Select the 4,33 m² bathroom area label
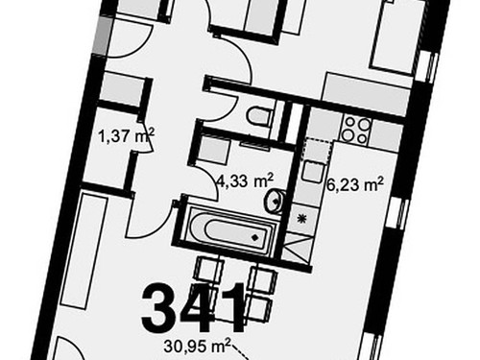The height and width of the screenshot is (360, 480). point(246,178)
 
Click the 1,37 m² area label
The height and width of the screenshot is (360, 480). point(126,138)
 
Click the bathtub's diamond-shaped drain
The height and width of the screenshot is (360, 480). point(253,234)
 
